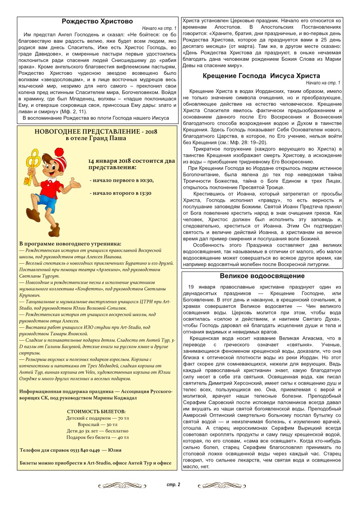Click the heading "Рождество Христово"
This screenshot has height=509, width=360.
[x=97, y=21]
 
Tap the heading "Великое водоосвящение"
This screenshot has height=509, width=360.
[x=262, y=276]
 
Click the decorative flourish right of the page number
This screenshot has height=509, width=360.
[x=223, y=485]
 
